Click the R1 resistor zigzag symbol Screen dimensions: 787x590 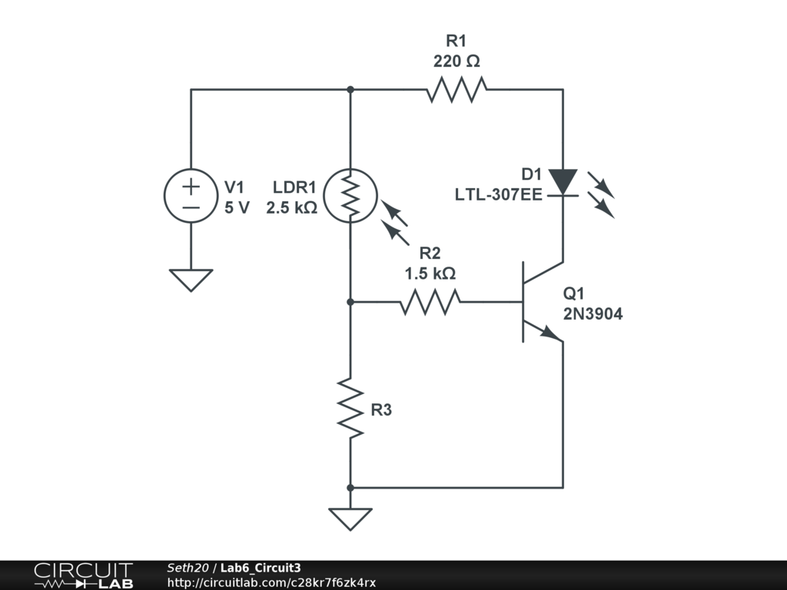[457, 89]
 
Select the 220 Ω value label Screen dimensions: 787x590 [457, 61]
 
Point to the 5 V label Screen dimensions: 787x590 [237, 207]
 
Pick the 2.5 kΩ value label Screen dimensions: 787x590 [291, 207]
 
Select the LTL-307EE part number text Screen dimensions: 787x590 [498, 194]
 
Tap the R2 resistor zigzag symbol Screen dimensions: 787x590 [430, 302]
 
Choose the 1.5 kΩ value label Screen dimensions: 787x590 [430, 273]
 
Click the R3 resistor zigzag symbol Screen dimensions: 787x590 [350, 409]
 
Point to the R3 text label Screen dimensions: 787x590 [381, 410]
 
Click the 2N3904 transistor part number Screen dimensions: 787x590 [593, 314]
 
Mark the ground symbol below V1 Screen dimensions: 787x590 [191, 280]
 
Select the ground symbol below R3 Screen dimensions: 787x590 [350, 519]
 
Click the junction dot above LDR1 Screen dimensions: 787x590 [350, 89]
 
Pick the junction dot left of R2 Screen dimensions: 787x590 [350, 302]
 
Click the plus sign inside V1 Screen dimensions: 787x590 [191, 187]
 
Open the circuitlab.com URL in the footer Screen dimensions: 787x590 [271, 582]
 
